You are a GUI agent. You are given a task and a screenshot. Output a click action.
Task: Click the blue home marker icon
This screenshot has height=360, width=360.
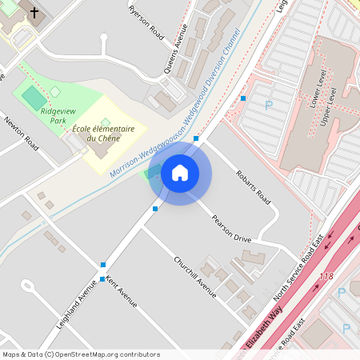click(179, 173)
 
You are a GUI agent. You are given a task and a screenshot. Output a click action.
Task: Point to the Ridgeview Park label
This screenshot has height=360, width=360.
click(54, 116)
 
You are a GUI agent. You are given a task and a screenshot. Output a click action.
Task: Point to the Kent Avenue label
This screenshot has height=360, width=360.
click(122, 292)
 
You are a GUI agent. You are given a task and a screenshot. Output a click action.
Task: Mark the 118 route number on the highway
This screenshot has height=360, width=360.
click(326, 276)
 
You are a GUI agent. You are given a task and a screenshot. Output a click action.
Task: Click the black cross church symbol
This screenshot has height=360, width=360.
click(34, 13)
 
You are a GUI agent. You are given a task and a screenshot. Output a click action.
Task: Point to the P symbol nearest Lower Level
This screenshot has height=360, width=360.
click(269, 104)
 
